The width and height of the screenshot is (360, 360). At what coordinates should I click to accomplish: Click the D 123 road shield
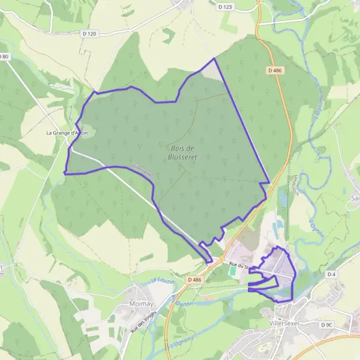tap(225, 7)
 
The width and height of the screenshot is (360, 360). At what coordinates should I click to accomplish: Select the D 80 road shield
tap(4, 56)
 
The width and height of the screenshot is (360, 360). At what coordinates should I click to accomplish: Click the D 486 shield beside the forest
tap(275, 70)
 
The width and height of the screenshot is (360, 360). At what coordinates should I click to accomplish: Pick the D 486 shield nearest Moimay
tap(193, 280)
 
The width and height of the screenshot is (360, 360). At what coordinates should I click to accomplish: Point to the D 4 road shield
tap(332, 274)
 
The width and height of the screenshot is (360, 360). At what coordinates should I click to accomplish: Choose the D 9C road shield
tap(326, 325)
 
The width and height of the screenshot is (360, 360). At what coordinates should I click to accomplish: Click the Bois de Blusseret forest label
tap(181, 152)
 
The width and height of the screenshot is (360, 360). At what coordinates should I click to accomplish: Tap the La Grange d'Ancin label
tap(67, 133)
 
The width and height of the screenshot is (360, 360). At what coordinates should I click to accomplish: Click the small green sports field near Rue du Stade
tap(232, 271)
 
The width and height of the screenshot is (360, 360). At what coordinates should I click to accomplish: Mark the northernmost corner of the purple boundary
tap(214, 58)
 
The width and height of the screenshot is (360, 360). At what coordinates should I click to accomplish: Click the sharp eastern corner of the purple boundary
tap(269, 182)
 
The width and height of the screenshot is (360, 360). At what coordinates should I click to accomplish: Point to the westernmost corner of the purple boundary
tap(64, 173)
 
